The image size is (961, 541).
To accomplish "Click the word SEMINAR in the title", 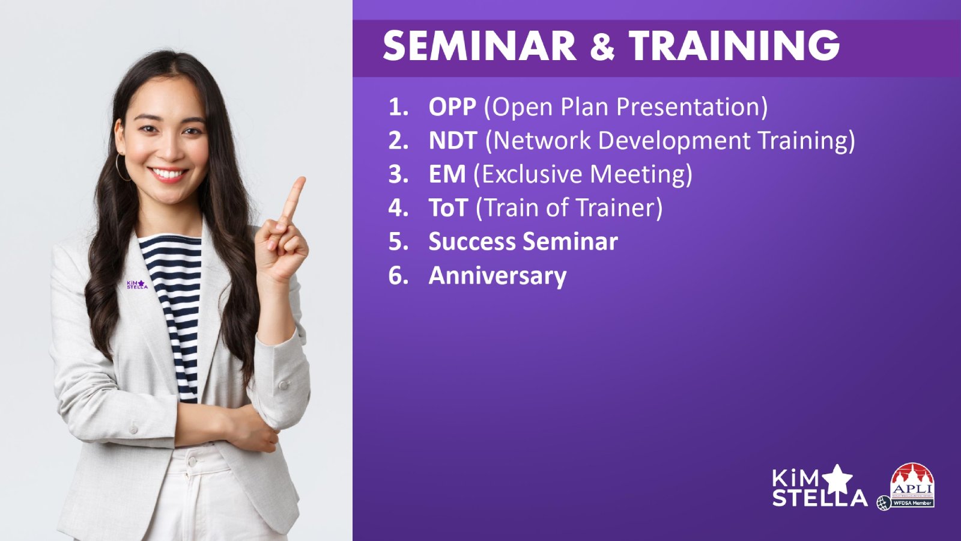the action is click(x=480, y=46).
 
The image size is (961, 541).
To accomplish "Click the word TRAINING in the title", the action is click(x=734, y=46).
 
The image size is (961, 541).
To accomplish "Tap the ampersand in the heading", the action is click(x=602, y=46).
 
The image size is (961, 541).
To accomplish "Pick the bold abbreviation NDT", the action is click(x=453, y=141).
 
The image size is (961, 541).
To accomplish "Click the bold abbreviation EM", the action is click(x=447, y=174).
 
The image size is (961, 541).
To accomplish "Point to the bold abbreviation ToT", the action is click(x=448, y=207).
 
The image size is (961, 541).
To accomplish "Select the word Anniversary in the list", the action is click(x=498, y=276).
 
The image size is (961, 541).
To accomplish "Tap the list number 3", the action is click(x=398, y=174).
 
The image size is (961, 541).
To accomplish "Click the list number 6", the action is click(x=398, y=275).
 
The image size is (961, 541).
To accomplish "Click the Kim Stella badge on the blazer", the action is click(x=137, y=284).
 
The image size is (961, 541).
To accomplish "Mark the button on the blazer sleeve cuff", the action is click(x=283, y=385).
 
